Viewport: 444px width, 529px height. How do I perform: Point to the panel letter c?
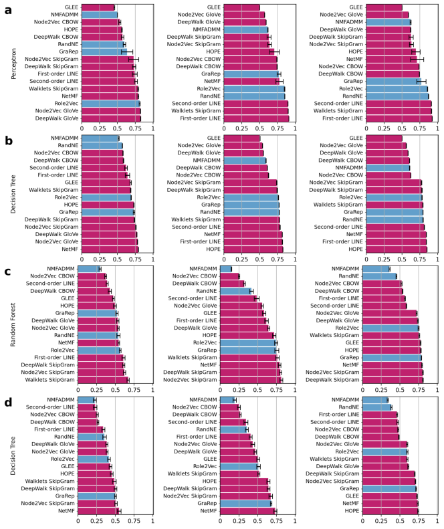[6, 272]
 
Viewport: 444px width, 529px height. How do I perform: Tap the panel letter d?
[6, 402]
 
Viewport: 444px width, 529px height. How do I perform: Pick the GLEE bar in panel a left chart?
[97, 7]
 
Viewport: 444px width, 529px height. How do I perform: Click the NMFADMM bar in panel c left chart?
[89, 269]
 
